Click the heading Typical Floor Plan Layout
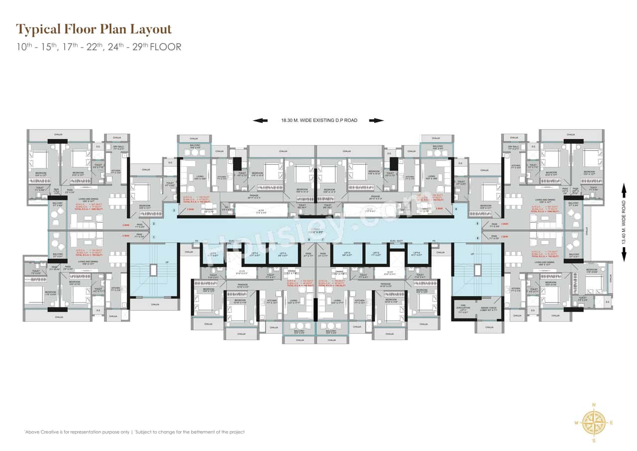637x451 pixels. (94, 29)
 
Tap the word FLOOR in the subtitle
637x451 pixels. (165, 47)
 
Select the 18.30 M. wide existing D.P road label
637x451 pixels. (318, 120)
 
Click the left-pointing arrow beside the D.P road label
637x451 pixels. (260, 120)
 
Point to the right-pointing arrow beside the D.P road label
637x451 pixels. (376, 120)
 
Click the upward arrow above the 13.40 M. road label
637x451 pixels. (624, 188)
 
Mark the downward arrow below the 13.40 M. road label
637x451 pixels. (624, 256)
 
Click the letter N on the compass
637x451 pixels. (593, 405)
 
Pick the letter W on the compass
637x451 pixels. (576, 423)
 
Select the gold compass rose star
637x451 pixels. (593, 423)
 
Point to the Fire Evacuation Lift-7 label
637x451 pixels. (462, 309)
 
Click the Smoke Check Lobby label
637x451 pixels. (489, 309)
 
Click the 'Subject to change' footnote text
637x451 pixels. (190, 432)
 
